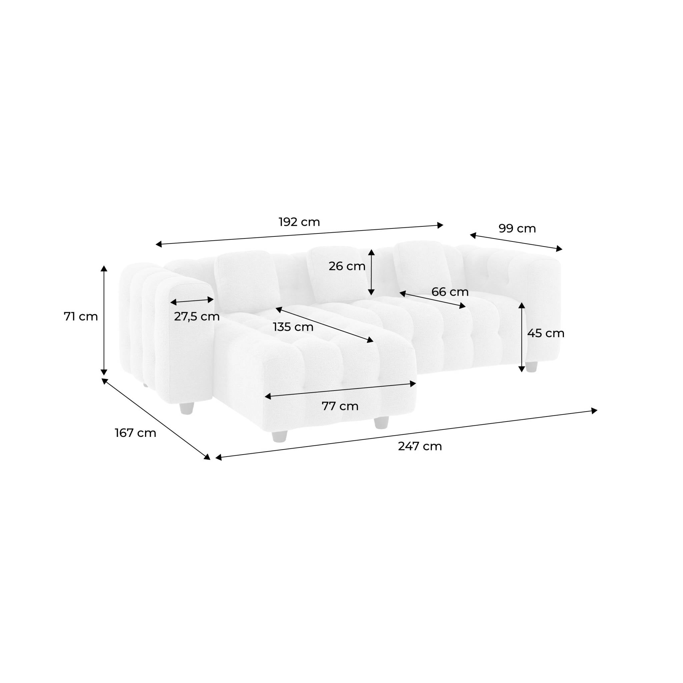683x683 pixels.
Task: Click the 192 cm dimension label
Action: click(299, 222)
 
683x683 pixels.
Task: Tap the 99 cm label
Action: click(517, 228)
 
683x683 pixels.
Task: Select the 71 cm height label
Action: click(81, 316)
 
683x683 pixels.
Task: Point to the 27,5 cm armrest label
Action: click(196, 316)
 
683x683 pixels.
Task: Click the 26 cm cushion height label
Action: click(347, 266)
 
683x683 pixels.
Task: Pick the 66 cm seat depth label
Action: click(450, 292)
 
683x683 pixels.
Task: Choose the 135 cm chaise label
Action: click(293, 327)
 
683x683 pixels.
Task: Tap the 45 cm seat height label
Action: click(546, 333)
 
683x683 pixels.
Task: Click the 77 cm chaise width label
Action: click(340, 406)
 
